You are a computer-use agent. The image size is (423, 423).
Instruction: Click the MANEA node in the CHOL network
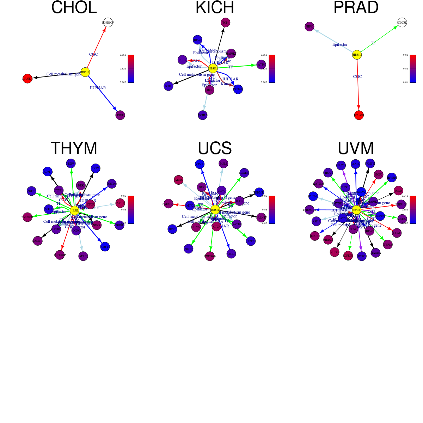pyautogui.click(x=27, y=79)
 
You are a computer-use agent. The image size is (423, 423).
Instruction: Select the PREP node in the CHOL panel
pyautogui.click(x=120, y=115)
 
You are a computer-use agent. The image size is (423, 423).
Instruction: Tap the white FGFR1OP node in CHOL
pyautogui.click(x=108, y=23)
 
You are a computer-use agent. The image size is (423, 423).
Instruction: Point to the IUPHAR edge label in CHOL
pyautogui.click(x=98, y=88)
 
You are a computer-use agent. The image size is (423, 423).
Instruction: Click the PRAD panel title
pyautogui.click(x=356, y=8)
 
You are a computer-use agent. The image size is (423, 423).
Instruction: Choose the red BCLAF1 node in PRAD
pyautogui.click(x=358, y=115)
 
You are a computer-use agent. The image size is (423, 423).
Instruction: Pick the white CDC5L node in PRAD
pyautogui.click(x=402, y=23)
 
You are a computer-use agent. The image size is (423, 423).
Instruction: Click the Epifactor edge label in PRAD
pyautogui.click(x=340, y=44)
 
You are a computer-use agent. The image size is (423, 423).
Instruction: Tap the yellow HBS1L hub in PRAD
pyautogui.click(x=357, y=55)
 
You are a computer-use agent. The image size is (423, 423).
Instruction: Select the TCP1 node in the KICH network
pyautogui.click(x=226, y=23)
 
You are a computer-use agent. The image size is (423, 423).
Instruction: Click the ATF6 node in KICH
pyautogui.click(x=261, y=65)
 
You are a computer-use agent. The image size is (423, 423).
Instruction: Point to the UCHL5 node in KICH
pyautogui.click(x=203, y=115)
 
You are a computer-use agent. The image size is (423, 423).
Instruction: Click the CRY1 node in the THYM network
pyautogui.click(x=105, y=247)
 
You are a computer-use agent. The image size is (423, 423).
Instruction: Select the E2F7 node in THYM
pyautogui.click(x=71, y=163)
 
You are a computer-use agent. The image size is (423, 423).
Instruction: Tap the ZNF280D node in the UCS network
pyautogui.click(x=210, y=256)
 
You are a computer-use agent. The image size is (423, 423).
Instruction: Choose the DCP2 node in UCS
pyautogui.click(x=172, y=229)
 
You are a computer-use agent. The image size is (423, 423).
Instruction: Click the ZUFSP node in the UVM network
pyautogui.click(x=348, y=256)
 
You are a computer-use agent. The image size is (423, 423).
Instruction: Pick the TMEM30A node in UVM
pyautogui.click(x=309, y=210)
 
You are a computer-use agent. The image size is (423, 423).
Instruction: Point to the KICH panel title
pyautogui.click(x=215, y=8)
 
